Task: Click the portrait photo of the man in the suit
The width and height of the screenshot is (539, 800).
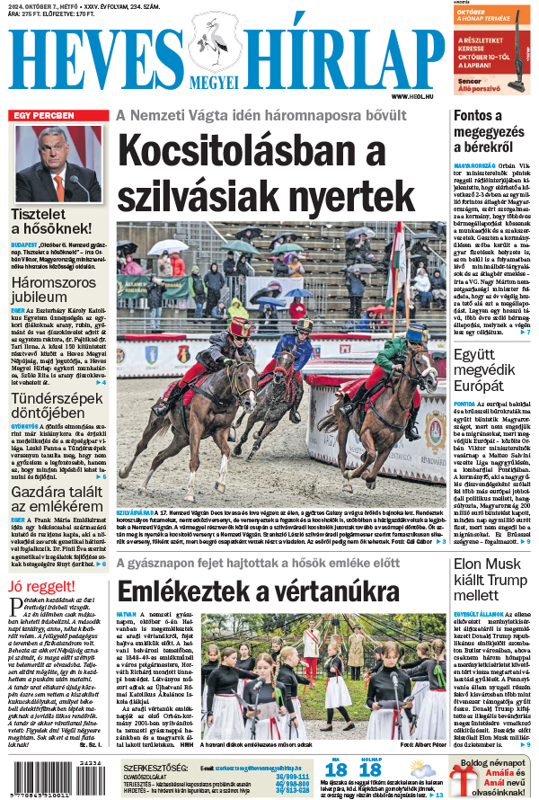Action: (x=57, y=162)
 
